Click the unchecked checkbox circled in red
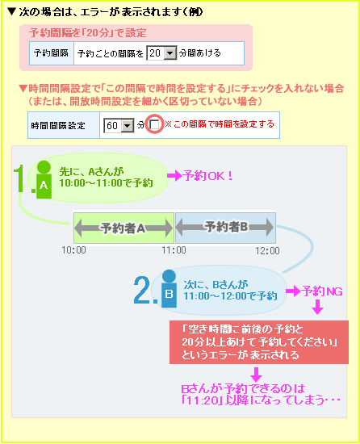coord(154,124)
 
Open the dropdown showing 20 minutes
coord(161,53)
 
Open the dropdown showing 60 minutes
coord(119,125)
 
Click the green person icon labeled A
coord(44,179)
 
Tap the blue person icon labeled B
coord(169,288)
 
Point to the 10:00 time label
coord(74,250)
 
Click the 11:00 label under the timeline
coord(174,250)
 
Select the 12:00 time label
coord(267,250)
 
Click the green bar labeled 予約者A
coord(123,228)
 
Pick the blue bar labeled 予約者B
coord(225,228)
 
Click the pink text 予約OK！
coord(208,176)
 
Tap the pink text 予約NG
coord(322,291)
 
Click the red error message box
coord(259,342)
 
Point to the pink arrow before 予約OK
coord(174,176)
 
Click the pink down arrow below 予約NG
coord(318,307)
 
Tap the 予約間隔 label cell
coord(52,53)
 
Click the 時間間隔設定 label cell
coord(64,125)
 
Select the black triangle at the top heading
coord(11,11)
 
